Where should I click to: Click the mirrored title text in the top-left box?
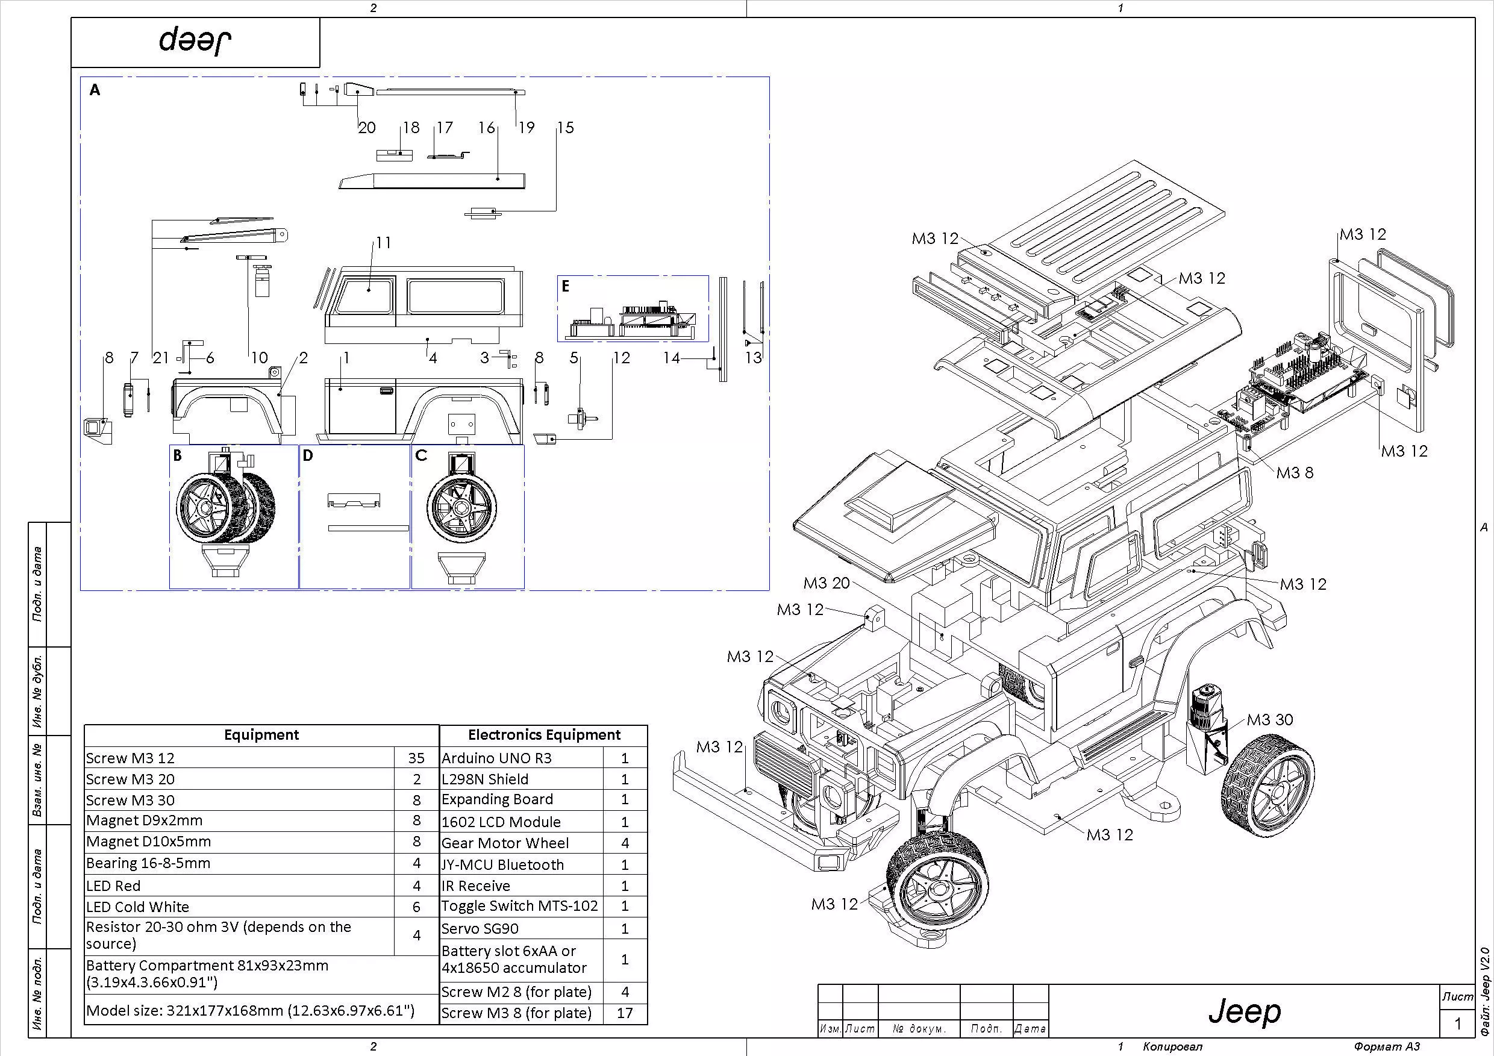point(195,41)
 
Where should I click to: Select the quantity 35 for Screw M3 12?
point(416,758)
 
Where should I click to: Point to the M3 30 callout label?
point(1269,720)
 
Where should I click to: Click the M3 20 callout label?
point(827,583)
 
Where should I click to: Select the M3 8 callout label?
point(1294,473)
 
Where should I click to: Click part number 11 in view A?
point(383,243)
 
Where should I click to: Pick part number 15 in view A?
point(565,128)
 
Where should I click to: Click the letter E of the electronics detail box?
point(566,286)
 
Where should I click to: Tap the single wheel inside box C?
point(461,507)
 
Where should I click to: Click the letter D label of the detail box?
point(308,455)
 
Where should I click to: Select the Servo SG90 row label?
point(480,928)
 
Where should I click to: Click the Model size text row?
point(250,1010)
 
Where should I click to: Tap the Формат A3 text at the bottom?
point(1387,1047)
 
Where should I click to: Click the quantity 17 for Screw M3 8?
point(624,1013)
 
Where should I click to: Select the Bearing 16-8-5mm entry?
point(148,863)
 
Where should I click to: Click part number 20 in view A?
point(367,128)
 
